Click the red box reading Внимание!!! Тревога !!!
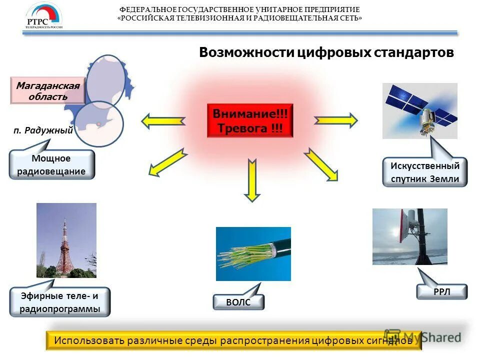coord(250,120)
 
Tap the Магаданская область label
coord(47,91)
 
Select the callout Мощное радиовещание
coord(51,165)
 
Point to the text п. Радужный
coord(43,130)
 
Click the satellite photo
coord(419,110)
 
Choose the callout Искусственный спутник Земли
coord(424,172)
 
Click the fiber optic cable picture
coord(253,253)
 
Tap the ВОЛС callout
coord(238,302)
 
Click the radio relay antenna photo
coord(409,236)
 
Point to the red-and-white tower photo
coord(66,240)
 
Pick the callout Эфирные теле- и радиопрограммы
coord(59,302)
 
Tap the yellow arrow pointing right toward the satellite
coord(335,120)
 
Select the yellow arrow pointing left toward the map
coord(163,120)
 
